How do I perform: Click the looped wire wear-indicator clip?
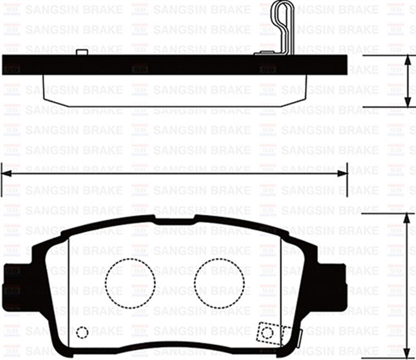click(281, 26)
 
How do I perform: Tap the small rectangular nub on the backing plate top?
click(81, 52)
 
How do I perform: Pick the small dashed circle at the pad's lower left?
click(82, 333)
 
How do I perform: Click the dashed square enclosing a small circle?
click(267, 332)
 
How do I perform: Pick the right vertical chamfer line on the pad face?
click(280, 279)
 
